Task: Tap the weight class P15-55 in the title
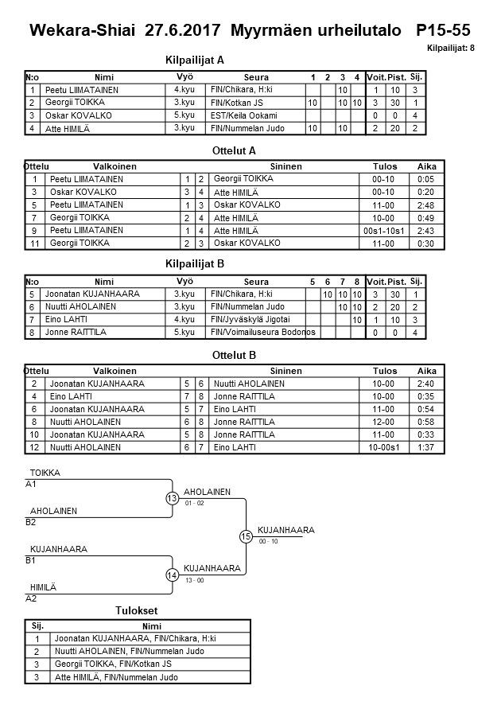443,30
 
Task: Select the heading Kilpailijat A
195,60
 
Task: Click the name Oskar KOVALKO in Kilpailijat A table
79,115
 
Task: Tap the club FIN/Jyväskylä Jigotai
251,319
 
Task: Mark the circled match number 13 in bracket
173,499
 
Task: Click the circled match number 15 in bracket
246,537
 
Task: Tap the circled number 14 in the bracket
173,575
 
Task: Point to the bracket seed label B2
30,522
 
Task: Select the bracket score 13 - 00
193,580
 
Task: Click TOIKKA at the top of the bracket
45,473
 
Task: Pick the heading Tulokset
138,610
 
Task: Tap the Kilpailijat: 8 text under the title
450,49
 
